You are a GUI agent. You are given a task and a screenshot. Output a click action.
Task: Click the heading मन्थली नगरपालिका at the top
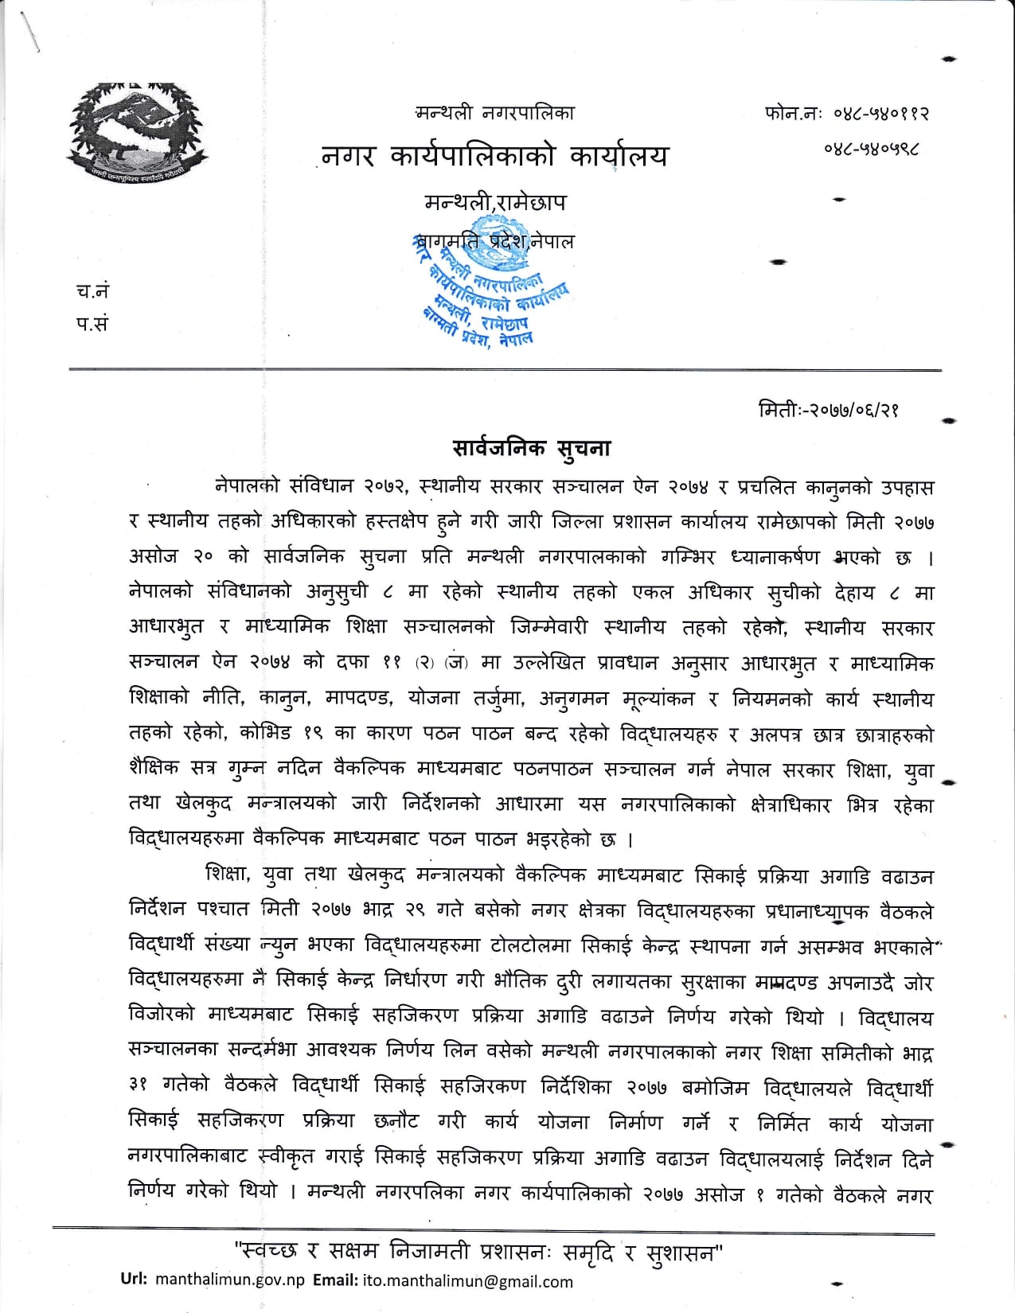[494, 113]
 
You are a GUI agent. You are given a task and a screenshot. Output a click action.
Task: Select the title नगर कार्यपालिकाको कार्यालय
[495, 157]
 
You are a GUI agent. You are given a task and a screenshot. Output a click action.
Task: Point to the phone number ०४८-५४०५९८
[876, 149]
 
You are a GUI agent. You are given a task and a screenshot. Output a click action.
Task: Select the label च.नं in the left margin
[88, 291]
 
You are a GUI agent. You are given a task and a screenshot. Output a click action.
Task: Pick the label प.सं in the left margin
[88, 324]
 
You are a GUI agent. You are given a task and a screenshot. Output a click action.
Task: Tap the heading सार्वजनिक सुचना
[531, 448]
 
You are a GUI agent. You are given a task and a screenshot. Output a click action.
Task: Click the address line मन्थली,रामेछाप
[495, 202]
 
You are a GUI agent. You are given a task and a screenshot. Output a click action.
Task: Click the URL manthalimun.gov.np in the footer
[230, 1281]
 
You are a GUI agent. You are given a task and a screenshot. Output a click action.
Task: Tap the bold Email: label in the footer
[334, 1281]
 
